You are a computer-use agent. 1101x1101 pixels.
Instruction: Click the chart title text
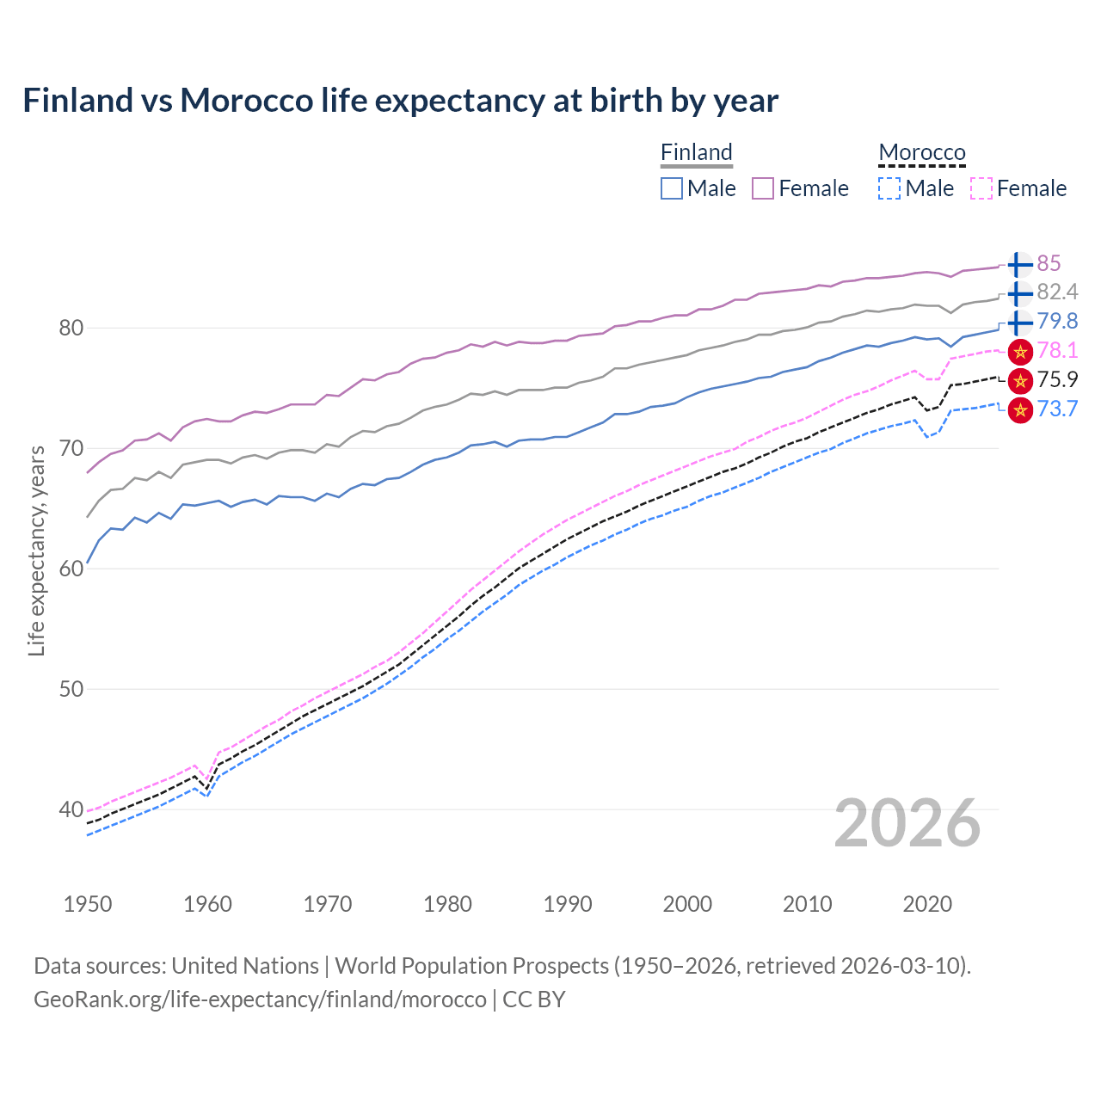[x=400, y=101]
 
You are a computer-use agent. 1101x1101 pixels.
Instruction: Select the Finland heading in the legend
[x=696, y=152]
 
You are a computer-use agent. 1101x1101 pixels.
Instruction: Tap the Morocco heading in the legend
[x=921, y=152]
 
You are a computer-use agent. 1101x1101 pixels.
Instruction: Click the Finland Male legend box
[x=672, y=188]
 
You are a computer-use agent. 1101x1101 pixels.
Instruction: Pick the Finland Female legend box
[x=763, y=188]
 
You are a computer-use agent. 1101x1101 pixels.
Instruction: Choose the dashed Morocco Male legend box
[x=889, y=188]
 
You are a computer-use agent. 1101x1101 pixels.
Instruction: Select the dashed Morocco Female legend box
[x=981, y=188]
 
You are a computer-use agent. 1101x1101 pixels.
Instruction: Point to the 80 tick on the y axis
[x=71, y=328]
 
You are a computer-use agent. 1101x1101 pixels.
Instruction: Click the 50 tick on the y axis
[x=71, y=689]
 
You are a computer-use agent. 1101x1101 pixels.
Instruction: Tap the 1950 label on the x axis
[x=88, y=904]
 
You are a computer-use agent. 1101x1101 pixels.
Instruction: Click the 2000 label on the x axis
[x=687, y=904]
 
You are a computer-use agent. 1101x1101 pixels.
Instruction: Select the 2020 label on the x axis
[x=927, y=904]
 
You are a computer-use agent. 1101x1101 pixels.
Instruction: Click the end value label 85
[x=1049, y=263]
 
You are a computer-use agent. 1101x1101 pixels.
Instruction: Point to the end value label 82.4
[x=1057, y=292]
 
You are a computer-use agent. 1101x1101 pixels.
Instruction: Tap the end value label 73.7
[x=1057, y=409]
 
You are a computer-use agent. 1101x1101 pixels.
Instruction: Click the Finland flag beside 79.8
[x=1019, y=323]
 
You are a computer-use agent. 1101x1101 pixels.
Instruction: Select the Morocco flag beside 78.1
[x=1019, y=351]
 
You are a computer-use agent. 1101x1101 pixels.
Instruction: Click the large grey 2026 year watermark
[x=907, y=823]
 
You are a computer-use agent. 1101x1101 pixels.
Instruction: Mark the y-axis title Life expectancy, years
[x=36, y=550]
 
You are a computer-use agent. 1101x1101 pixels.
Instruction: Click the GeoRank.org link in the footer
[x=260, y=1000]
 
